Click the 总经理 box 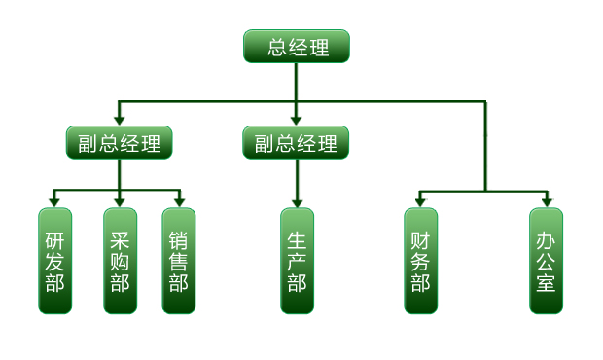[296, 46]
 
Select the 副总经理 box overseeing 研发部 [120, 143]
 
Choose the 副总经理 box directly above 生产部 [296, 143]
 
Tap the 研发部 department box [55, 261]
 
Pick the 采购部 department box [120, 261]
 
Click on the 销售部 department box [179, 261]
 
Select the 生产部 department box [297, 261]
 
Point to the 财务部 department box [420, 261]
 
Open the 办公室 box [547, 261]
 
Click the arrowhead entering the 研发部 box [55, 201]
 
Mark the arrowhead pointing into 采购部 [120, 201]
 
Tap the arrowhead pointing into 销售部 [179, 201]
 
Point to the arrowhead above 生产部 [297, 201]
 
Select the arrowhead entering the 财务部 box [420, 201]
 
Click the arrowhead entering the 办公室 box [547, 201]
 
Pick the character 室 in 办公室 [547, 283]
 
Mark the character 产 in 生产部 [297, 261]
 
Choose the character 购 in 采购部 [120, 261]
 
